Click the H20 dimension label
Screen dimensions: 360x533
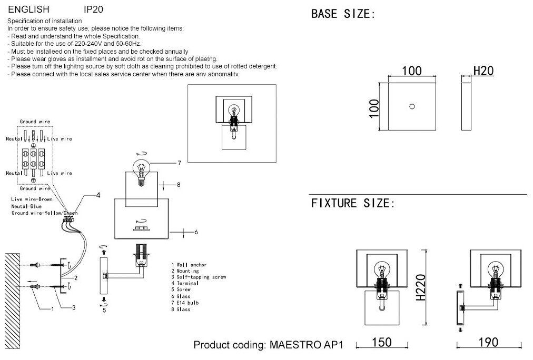[483, 71]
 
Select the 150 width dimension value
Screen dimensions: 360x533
[381, 343]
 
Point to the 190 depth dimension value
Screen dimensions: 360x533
[488, 343]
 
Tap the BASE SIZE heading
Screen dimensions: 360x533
[343, 14]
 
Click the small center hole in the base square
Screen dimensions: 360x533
[412, 106]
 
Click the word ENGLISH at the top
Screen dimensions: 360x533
[28, 9]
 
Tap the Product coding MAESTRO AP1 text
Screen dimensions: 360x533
[268, 346]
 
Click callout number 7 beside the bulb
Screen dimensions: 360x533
[179, 163]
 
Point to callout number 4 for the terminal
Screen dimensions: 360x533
[98, 196]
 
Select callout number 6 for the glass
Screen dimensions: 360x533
[195, 232]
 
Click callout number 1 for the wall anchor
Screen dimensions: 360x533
[52, 309]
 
